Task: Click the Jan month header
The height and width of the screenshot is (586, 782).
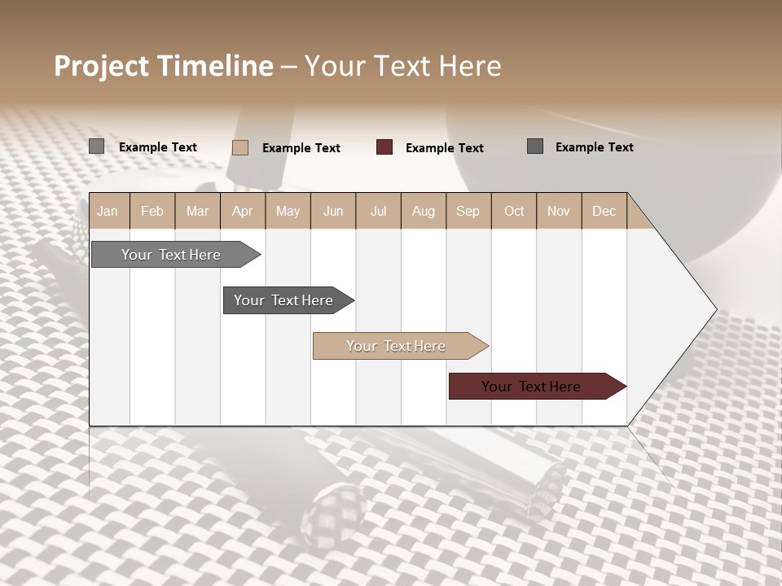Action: pyautogui.click(x=108, y=211)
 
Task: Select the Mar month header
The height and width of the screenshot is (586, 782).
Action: pyautogui.click(x=197, y=211)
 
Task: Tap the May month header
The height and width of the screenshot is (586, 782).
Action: pyautogui.click(x=288, y=211)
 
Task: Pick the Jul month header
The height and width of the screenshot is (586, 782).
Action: pyautogui.click(x=378, y=211)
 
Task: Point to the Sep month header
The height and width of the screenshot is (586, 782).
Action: pyautogui.click(x=468, y=211)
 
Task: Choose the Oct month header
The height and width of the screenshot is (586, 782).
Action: pyautogui.click(x=514, y=211)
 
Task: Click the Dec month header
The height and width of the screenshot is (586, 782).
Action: pyautogui.click(x=604, y=211)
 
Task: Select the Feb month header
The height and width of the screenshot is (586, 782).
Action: pyautogui.click(x=152, y=211)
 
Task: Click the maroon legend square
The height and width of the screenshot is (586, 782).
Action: pyautogui.click(x=384, y=147)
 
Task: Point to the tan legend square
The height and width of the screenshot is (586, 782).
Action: pyautogui.click(x=240, y=147)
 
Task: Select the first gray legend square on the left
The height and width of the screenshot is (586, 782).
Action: pyautogui.click(x=96, y=146)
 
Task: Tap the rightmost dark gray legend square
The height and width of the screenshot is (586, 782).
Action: pyautogui.click(x=535, y=146)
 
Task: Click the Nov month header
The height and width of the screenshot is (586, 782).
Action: pyautogui.click(x=559, y=211)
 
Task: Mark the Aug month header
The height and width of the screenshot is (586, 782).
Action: pyautogui.click(x=423, y=211)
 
